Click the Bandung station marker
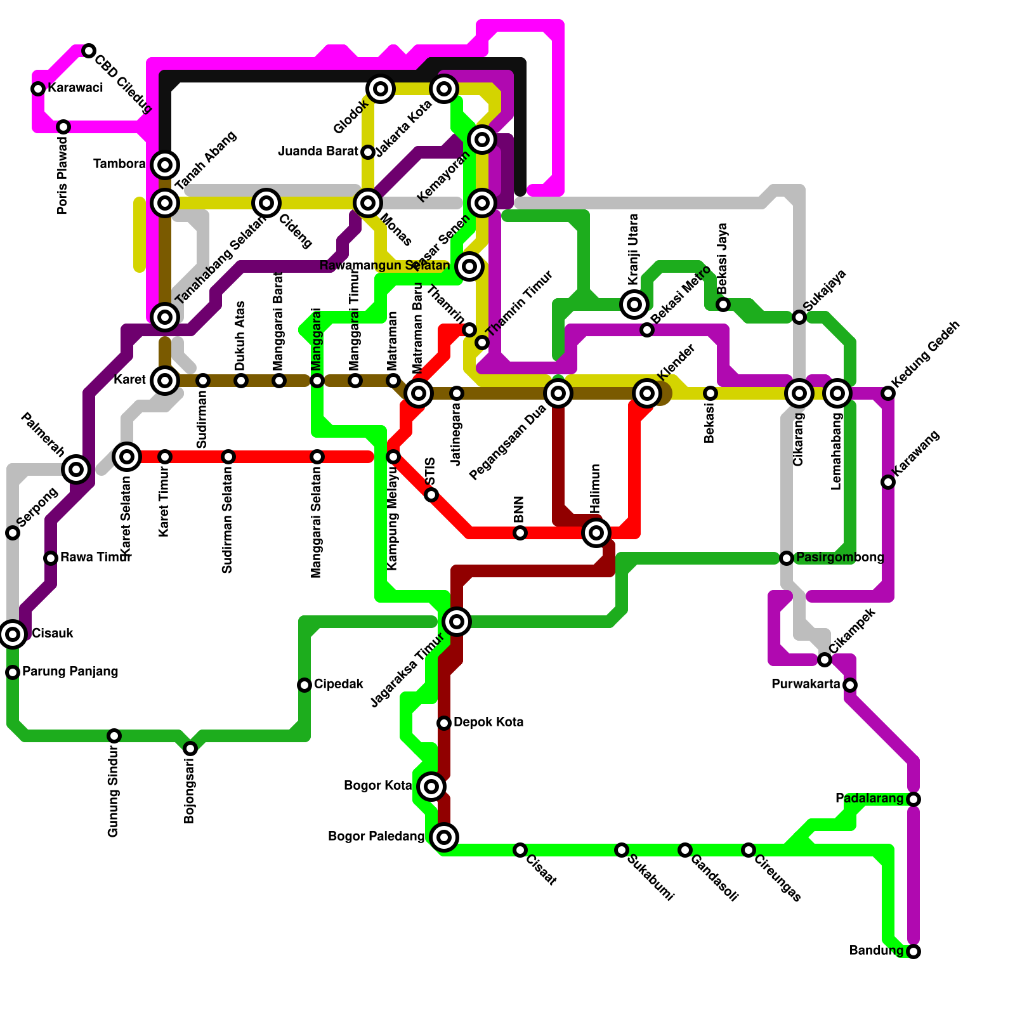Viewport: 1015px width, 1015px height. pos(913,951)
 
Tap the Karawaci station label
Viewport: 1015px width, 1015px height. pos(75,88)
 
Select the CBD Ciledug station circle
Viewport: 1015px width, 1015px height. pos(89,51)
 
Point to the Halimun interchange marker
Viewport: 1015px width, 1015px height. pos(596,532)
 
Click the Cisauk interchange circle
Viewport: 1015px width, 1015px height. pos(13,634)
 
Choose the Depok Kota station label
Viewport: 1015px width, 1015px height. pos(488,723)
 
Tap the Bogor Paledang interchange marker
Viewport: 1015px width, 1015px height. pos(444,837)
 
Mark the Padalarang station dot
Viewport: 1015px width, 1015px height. pos(913,799)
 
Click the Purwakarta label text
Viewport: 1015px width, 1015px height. pos(806,684)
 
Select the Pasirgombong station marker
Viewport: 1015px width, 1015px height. pos(787,558)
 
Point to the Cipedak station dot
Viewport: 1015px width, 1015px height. pos(304,685)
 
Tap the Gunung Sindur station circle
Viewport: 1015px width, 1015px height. pos(114,736)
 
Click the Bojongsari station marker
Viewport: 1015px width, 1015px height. pos(190,749)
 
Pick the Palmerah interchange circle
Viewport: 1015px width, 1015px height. pos(76,469)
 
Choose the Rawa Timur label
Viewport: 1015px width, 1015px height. pos(95,558)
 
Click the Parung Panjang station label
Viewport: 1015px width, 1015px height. pos(70,672)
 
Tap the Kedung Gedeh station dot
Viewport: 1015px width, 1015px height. pos(888,393)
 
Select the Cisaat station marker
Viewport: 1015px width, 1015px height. pos(520,850)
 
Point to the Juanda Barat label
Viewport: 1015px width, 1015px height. pos(318,152)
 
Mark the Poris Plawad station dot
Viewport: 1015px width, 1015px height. pos(63,127)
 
